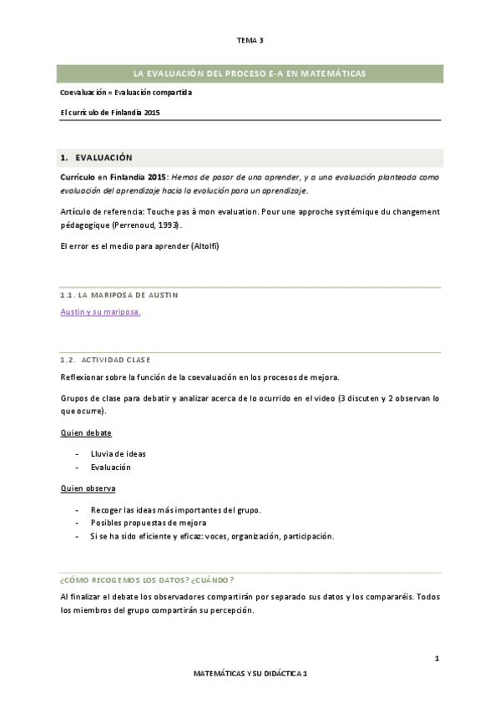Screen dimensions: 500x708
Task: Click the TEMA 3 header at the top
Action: click(x=250, y=39)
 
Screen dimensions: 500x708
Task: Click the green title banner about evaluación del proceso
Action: click(x=250, y=73)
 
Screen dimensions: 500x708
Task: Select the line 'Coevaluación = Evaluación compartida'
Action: click(x=126, y=93)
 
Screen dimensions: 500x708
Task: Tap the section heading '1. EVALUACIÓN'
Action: click(x=96, y=157)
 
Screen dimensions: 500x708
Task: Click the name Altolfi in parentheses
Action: click(x=205, y=246)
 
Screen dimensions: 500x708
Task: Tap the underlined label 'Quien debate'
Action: click(x=86, y=433)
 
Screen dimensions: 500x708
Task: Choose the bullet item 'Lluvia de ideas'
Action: click(x=118, y=453)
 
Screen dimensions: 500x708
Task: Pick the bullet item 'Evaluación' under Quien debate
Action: click(x=110, y=467)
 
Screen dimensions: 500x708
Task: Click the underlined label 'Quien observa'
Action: click(x=88, y=488)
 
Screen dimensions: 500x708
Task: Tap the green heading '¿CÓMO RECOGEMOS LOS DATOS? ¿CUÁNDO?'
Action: click(x=147, y=579)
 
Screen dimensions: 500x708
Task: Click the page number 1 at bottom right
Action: click(x=437, y=660)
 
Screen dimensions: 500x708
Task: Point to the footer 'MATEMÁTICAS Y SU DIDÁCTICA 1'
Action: click(x=250, y=672)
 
